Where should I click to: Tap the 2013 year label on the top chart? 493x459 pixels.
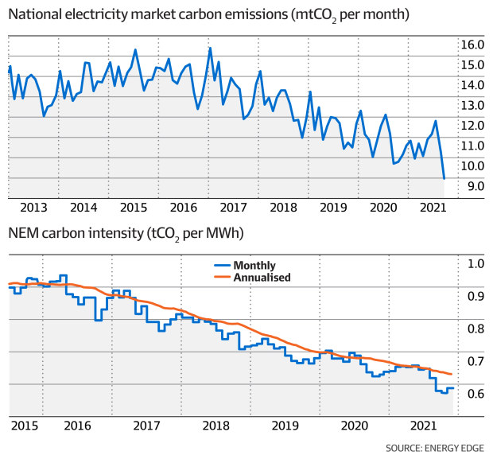click(33, 207)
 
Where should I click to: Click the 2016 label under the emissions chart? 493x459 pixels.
click(184, 207)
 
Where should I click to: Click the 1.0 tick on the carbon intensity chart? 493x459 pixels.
click(475, 264)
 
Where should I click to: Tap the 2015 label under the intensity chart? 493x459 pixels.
click(26, 426)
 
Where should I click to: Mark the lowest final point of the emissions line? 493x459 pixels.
click(444, 179)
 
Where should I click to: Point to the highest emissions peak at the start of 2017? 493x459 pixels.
click(210, 49)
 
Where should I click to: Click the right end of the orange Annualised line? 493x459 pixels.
click(452, 374)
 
